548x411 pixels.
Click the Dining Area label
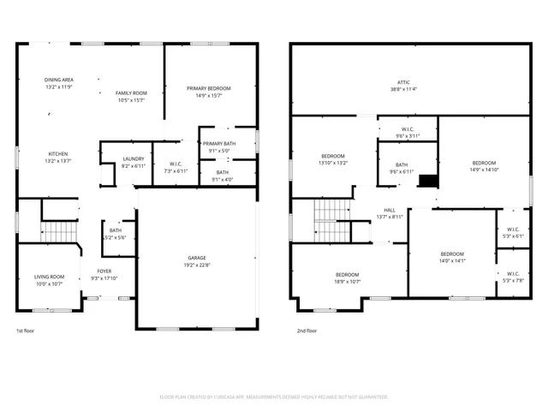point(59,80)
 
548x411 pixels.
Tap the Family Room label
point(131,92)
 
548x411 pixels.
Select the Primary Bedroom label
point(209,88)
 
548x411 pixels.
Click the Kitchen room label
point(59,154)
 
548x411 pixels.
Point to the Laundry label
point(133,158)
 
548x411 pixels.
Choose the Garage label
point(197,258)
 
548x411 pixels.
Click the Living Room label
point(49,277)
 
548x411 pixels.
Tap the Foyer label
point(104,271)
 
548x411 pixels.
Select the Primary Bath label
point(219,144)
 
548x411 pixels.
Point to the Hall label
point(390,210)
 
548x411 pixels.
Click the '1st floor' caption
point(26,331)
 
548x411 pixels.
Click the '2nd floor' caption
point(307,331)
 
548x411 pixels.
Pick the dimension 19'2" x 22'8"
point(197,265)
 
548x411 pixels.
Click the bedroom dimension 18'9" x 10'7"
point(347,281)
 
